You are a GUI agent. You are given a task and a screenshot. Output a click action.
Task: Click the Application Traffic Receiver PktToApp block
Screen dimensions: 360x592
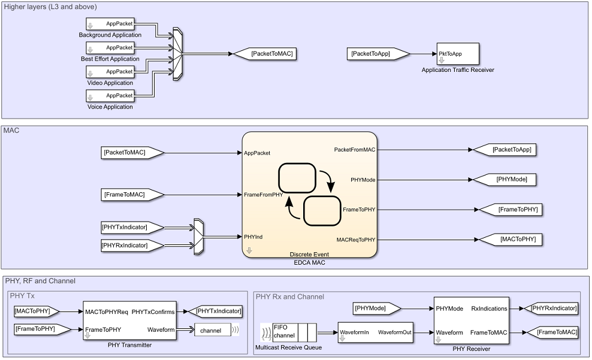click(458, 54)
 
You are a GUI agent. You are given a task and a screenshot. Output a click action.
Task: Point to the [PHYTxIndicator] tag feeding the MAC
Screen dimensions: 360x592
click(132, 228)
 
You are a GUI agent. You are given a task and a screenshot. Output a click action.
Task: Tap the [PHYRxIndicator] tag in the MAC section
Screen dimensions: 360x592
click(132, 244)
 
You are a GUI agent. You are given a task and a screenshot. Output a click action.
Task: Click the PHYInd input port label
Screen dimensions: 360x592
click(253, 237)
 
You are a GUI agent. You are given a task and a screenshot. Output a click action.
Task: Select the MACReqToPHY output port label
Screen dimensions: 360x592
click(356, 240)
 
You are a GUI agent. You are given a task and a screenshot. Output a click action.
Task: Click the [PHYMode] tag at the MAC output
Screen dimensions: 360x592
click(505, 179)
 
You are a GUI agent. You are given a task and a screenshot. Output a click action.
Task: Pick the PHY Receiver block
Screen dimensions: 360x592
click(471, 320)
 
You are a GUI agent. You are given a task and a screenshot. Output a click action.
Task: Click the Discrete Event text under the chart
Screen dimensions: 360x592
click(309, 255)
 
